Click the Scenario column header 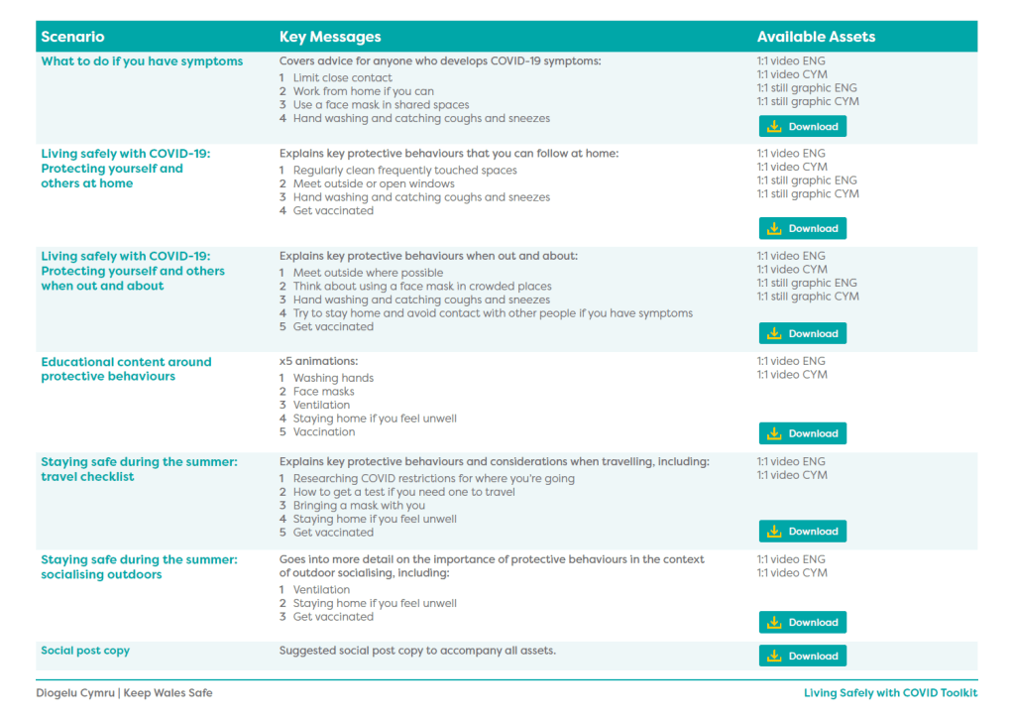72,37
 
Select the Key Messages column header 330,37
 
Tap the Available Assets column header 816,37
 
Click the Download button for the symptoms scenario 803,127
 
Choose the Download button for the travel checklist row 803,532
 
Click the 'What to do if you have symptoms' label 142,61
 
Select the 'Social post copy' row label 85,651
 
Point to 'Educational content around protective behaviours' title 126,369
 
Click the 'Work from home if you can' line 363,91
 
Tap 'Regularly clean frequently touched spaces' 404,171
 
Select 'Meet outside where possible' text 368,273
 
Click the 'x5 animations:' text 319,362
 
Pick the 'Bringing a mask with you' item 359,506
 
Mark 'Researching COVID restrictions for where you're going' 433,479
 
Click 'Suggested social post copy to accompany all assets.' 417,651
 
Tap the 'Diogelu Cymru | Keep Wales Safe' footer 124,693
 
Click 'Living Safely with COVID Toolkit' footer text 890,693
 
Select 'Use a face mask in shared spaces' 381,105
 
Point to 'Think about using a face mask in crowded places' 422,287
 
